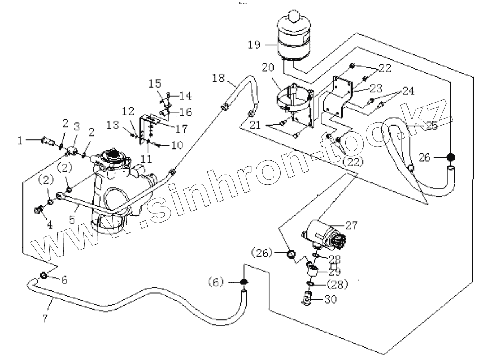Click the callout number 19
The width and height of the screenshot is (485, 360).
254,45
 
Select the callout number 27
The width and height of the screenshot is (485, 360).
351,225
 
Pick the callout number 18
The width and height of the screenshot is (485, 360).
218,78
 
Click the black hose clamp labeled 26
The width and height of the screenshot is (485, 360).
450,157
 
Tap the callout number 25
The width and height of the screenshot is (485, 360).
431,126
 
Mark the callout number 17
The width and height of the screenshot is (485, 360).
181,129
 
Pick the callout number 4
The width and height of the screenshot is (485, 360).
50,225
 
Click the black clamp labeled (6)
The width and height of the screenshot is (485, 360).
243,282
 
